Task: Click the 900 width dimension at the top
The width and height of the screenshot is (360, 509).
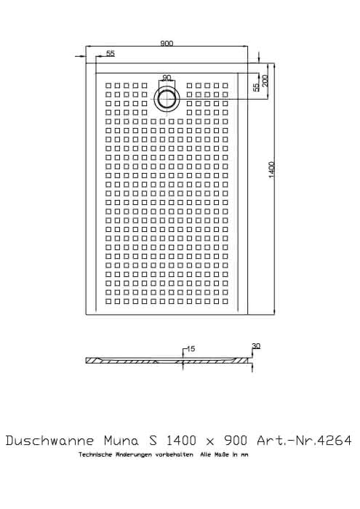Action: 167,43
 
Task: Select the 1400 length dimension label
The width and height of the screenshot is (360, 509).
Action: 272,169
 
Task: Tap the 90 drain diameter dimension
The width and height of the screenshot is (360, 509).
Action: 167,78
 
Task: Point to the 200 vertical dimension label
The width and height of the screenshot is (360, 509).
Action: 265,81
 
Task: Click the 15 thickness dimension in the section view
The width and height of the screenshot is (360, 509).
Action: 191,348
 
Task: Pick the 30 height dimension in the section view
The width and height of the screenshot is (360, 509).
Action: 256,346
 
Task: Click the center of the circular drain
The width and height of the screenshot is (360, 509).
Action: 167,98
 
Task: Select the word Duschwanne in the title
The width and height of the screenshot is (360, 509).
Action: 50,441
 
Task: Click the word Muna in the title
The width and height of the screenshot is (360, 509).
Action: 121,441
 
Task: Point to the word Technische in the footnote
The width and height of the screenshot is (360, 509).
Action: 92,454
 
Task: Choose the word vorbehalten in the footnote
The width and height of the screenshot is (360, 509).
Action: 175,454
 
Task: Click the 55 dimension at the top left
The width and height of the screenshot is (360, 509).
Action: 111,53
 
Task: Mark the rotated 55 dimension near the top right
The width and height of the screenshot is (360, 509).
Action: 257,87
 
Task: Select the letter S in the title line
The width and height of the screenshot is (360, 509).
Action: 153,441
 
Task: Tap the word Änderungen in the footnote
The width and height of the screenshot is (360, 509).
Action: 130,454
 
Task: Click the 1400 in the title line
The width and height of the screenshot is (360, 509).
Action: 181,441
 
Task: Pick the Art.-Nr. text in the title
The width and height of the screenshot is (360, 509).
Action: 287,441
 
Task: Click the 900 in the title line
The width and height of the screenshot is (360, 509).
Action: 236,441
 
